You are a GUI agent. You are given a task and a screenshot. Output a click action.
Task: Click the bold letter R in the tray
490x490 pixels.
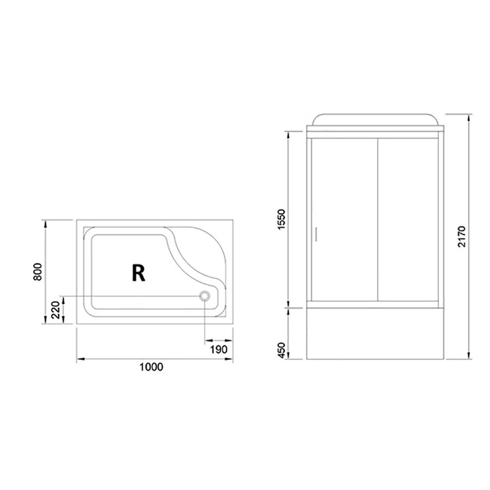tap(138, 273)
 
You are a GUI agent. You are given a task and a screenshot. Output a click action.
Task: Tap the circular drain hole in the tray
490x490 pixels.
tap(205, 296)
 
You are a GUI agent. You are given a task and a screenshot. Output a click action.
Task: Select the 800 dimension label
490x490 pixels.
tap(38, 272)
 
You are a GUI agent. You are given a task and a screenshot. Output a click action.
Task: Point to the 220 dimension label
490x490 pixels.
tap(56, 310)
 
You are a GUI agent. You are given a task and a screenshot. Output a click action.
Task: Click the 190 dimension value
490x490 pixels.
tap(218, 350)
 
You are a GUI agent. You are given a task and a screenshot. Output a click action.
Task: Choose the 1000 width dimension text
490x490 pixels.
tap(151, 367)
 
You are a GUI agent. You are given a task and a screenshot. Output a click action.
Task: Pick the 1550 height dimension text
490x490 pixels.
tap(281, 219)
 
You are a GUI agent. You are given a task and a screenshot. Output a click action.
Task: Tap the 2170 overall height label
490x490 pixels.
tap(462, 237)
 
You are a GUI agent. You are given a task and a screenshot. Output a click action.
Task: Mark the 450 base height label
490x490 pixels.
tap(281, 351)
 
